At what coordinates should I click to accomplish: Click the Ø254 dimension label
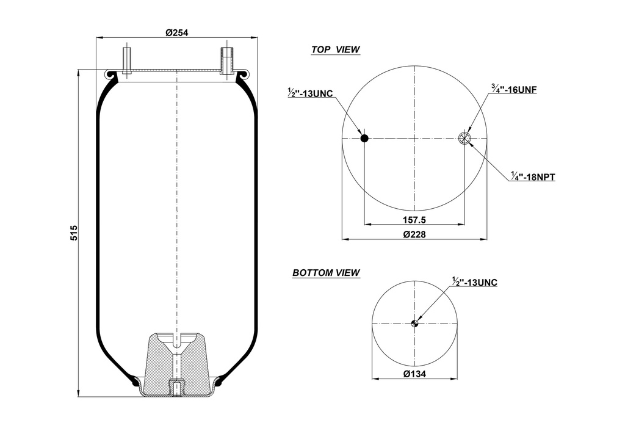coord(176,32)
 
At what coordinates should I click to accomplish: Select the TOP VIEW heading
coord(335,49)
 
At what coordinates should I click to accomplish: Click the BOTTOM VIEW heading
coord(326,273)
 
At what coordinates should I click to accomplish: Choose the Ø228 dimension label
coord(414,234)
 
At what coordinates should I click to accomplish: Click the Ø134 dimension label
coord(414,374)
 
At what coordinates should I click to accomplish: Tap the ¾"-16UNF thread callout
coord(514,89)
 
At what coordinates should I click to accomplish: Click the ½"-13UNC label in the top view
coord(310,93)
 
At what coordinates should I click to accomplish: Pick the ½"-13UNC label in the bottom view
coord(475,282)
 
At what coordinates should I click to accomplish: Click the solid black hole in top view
coord(364,139)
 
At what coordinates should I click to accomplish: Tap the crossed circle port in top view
coord(465,139)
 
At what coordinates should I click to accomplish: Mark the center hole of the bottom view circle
coord(415,324)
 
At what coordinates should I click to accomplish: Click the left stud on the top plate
coord(126,62)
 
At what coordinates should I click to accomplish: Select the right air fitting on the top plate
coord(226,61)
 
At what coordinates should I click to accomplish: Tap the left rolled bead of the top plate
coord(112,74)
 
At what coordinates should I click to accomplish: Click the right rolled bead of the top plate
coord(242,74)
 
